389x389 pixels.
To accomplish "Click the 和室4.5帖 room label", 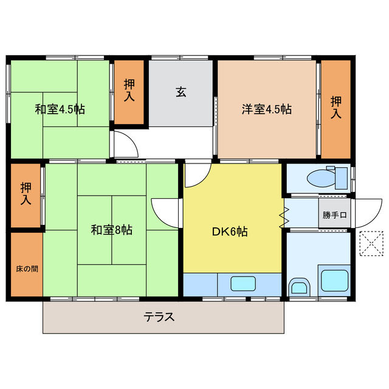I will point(60,109).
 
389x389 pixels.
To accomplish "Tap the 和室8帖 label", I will point(112,230).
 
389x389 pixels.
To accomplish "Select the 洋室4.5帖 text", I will point(267,109).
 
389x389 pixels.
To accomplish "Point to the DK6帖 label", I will point(229,232).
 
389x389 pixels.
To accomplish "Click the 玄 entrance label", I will point(181,92).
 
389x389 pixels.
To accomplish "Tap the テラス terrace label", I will point(159,316).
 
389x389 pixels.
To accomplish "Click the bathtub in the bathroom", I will point(334,280).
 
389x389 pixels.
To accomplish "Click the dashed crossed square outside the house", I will point(371,244).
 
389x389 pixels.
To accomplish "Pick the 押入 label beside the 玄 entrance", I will point(129,90).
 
